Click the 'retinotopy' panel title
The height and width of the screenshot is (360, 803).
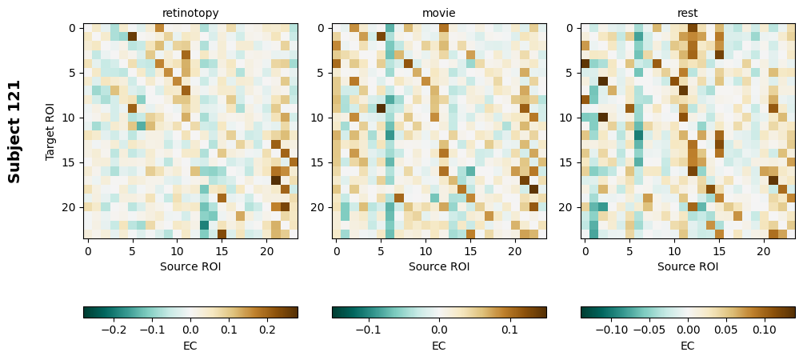(190, 13)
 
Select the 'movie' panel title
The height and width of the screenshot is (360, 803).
(439, 13)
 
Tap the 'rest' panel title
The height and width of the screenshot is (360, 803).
(688, 13)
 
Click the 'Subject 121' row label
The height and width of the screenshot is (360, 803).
(14, 131)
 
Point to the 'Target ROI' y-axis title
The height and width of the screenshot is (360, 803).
(50, 131)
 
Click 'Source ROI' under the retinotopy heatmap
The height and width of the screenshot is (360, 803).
(190, 266)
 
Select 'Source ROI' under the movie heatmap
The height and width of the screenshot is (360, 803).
(439, 266)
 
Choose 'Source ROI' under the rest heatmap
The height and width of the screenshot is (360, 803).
(688, 266)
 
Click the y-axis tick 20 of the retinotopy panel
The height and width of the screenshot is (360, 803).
(70, 207)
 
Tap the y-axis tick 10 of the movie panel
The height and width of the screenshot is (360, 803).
(318, 118)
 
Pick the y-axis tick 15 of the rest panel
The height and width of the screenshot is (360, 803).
(567, 162)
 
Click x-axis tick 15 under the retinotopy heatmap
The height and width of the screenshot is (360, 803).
(222, 251)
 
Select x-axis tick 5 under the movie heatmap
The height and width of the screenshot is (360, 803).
(381, 251)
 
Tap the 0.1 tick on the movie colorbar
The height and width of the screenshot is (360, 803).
(509, 329)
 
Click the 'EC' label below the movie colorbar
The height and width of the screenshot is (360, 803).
(439, 346)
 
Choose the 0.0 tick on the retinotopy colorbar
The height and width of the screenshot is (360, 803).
(190, 329)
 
